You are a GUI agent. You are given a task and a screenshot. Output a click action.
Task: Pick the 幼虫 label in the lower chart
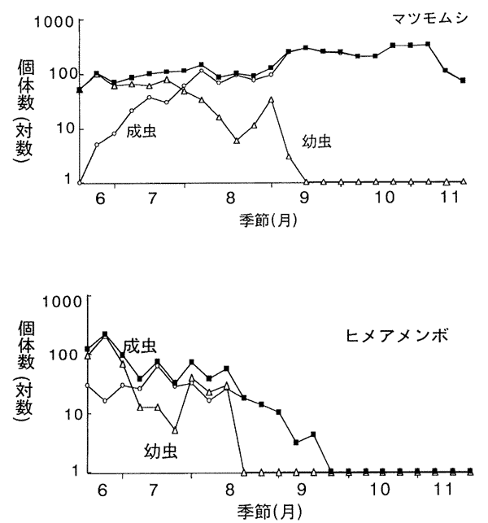point(162,449)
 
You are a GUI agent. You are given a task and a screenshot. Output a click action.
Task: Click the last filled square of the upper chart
point(462,81)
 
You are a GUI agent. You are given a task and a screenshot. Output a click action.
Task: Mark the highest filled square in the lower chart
point(105,334)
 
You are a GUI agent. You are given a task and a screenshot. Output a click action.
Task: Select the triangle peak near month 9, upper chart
point(271,100)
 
